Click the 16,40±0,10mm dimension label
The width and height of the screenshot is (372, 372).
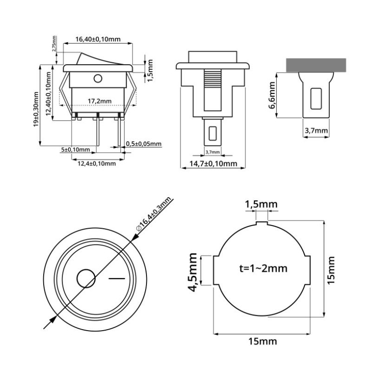[98, 40]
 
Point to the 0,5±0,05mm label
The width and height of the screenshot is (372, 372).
[144, 144]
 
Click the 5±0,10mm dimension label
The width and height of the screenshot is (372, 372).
[75, 150]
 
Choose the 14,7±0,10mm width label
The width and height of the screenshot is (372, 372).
[213, 164]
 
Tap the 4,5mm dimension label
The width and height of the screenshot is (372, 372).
[193, 270]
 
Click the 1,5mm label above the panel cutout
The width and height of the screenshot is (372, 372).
[261, 205]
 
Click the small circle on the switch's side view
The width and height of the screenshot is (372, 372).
[98, 78]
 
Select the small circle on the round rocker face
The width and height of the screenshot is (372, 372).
[86, 279]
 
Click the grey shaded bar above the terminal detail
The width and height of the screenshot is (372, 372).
[316, 65]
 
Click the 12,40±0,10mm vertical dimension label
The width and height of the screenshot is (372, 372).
[49, 93]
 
